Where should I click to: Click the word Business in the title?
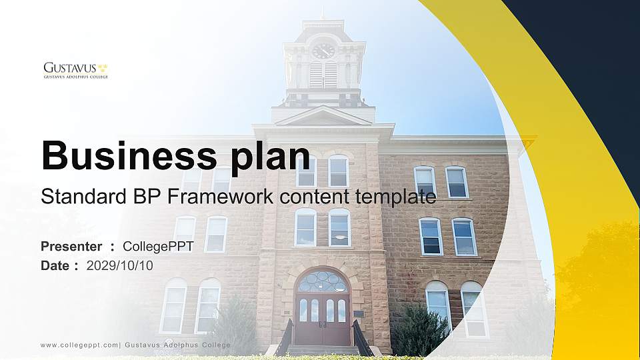pos(125,156)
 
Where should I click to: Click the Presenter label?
pos(71,247)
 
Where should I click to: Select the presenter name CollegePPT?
pos(158,247)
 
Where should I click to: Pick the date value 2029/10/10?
pos(120,265)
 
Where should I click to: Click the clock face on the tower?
pos(323,51)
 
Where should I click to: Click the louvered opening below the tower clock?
pos(323,75)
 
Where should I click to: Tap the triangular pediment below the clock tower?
pos(323,116)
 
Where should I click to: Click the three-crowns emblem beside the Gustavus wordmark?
pos(103,67)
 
